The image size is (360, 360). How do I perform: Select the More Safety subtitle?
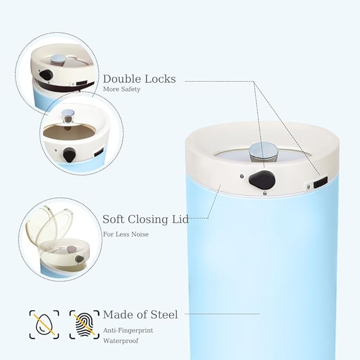pos(121,90)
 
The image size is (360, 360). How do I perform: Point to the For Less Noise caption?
pos(125,234)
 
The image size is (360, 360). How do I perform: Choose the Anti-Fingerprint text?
pos(128,330)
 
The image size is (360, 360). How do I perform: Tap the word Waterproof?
pos(120,340)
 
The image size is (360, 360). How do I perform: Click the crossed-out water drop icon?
pos(44,324)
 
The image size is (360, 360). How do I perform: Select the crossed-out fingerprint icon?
pos(84,324)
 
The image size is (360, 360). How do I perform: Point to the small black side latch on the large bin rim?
pos(320,181)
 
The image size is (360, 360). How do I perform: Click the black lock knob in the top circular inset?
pos(46,75)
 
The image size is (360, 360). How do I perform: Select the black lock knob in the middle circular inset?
pos(69,155)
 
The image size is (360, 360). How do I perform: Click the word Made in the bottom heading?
pos(118,314)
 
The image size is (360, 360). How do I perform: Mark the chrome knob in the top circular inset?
pos(58,59)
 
